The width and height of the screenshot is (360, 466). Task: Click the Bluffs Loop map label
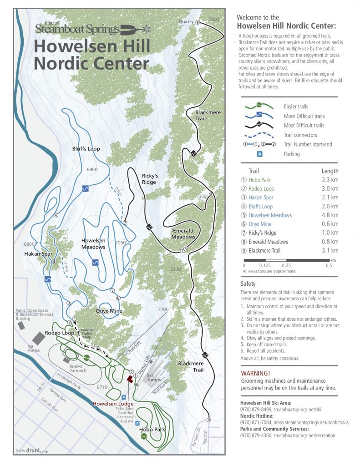coord(86,149)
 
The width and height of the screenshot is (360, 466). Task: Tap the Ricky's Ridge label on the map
coord(149,179)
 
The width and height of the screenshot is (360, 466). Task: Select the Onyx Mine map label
coord(109,311)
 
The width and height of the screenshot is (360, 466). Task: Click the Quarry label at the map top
coord(186,21)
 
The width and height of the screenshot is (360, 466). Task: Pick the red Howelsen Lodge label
coord(113,404)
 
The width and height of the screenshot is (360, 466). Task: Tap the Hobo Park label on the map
coord(152,429)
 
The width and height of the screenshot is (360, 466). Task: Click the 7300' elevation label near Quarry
coord(214,19)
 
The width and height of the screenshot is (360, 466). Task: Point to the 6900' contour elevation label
coord(93,169)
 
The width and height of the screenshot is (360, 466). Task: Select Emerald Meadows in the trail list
coord(268,242)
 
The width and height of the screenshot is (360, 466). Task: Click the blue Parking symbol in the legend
coord(260,154)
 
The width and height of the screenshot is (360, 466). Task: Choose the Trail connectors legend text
coord(301,135)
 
